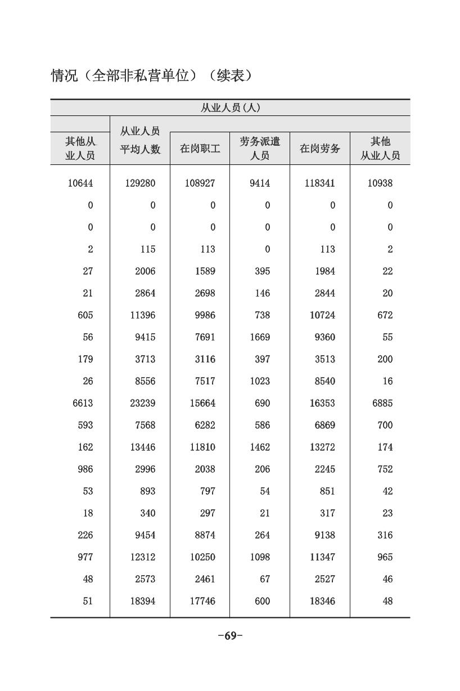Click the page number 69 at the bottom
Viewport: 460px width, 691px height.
coord(230,636)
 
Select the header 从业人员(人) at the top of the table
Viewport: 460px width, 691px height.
coord(230,107)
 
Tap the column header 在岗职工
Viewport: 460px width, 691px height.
coord(200,149)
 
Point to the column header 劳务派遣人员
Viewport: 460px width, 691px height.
coord(259,149)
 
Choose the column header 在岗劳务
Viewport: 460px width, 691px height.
coord(319,149)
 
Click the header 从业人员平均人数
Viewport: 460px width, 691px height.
coord(140,140)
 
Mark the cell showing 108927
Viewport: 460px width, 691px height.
coord(200,183)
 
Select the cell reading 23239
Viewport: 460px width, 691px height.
coord(142,403)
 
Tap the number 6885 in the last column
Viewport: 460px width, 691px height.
coord(382,403)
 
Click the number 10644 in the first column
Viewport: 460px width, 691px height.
coord(80,183)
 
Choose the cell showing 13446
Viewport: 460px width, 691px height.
coord(142,447)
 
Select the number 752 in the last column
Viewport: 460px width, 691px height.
coord(385,469)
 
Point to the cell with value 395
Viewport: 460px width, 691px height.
coord(262,271)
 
